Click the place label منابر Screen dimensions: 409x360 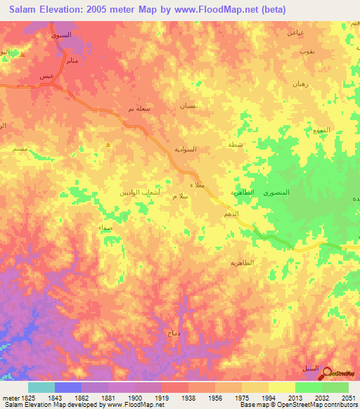coord(72,61)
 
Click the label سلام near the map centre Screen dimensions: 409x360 coord(180,197)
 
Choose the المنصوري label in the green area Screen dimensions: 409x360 coord(276,192)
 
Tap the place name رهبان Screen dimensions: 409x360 coord(302,83)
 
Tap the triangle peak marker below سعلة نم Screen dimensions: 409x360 coord(108,145)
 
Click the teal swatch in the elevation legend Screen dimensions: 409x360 coord(41,387)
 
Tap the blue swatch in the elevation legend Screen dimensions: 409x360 coord(68,387)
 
